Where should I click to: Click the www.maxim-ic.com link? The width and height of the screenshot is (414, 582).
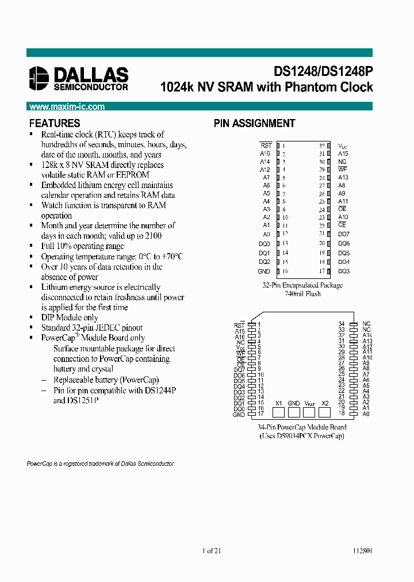coord(67,107)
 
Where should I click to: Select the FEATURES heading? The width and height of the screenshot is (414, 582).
coord(55,123)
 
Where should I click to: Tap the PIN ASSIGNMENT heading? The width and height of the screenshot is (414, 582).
coord(254,123)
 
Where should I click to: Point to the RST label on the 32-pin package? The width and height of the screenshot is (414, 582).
coord(266,146)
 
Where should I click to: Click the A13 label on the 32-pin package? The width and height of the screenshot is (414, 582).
coord(343,178)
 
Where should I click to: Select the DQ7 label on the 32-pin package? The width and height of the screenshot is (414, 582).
coord(343,234)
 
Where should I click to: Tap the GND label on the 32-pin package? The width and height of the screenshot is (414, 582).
coord(264,271)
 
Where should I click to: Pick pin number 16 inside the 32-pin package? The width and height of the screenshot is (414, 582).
coord(285,271)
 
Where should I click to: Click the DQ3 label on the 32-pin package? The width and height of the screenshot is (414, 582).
coord(343,271)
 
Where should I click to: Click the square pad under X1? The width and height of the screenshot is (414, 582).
coord(278,412)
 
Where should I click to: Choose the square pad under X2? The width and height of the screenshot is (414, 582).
coord(325,412)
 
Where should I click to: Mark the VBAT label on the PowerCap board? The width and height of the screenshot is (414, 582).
coord(309,403)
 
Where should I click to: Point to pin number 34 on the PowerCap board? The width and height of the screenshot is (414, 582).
coord(342,324)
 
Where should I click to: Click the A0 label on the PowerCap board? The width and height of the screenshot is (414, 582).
coord(366,414)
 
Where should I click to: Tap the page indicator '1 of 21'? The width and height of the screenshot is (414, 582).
coord(212,550)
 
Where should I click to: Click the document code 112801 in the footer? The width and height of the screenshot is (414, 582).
coord(362,550)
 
